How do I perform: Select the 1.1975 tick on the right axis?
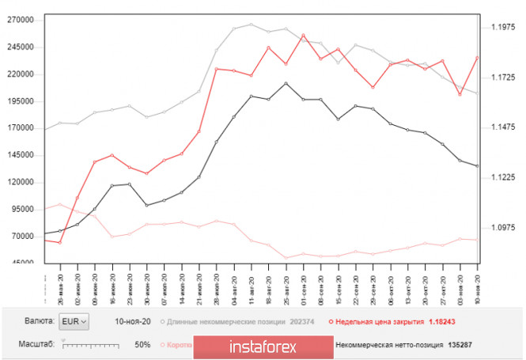click(x=503, y=27)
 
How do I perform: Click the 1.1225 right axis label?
click(x=503, y=177)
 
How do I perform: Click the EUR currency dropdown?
click(x=75, y=321)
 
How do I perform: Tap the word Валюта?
click(x=40, y=321)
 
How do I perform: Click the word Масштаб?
click(x=38, y=345)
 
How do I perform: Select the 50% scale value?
click(x=142, y=345)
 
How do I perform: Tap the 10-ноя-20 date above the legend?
click(x=133, y=322)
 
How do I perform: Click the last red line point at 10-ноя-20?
click(x=476, y=58)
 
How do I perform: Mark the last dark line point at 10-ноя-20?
click(x=476, y=165)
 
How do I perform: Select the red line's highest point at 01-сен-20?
click(x=304, y=35)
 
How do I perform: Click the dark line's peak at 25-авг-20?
click(x=286, y=83)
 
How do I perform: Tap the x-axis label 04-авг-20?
click(x=234, y=283)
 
